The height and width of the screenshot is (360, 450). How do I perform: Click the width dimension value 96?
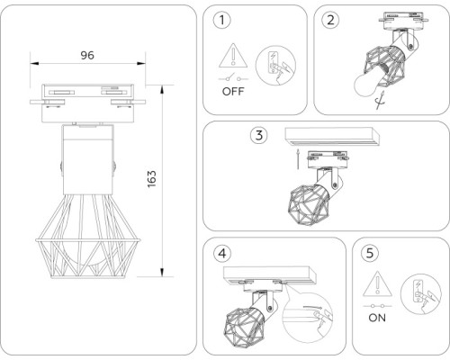(87, 55)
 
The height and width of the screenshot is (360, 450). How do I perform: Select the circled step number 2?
(332, 20)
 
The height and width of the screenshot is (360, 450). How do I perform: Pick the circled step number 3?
(259, 136)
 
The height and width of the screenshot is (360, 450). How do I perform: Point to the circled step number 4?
(222, 254)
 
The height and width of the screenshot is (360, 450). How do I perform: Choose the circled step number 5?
(369, 254)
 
